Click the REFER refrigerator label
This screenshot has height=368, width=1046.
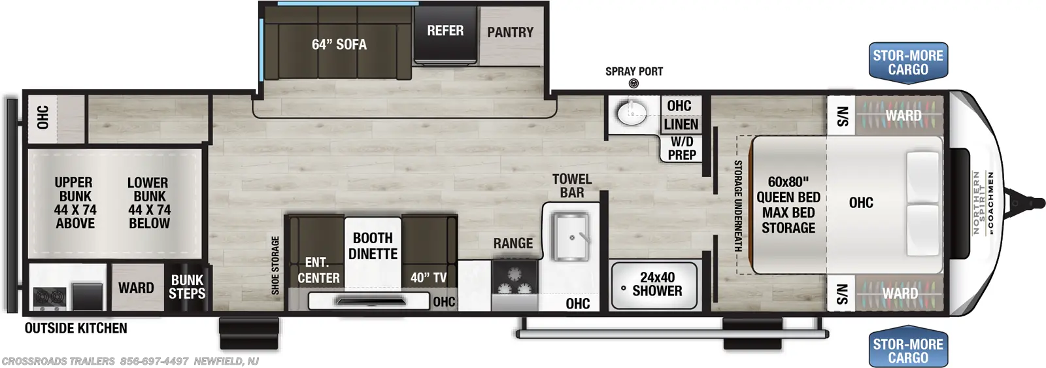coord(445,31)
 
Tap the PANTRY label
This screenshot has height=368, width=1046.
coord(510,32)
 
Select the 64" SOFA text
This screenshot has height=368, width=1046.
coord(339,44)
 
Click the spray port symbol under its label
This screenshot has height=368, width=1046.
coord(633,84)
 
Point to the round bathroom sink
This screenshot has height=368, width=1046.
coord(632,113)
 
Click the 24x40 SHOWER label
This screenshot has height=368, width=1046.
coord(657,284)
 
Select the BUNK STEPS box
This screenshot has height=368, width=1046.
coord(187,287)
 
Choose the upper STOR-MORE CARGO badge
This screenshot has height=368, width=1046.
coord(907,63)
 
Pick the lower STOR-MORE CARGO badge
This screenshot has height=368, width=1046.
coord(907,351)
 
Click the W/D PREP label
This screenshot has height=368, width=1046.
coord(681,148)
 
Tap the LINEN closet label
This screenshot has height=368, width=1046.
coord(681,124)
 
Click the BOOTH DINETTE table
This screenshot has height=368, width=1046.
coord(373,246)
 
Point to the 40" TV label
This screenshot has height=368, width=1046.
coord(429,278)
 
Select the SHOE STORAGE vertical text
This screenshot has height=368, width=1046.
coord(275,265)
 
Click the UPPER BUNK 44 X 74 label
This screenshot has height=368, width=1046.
coord(75,203)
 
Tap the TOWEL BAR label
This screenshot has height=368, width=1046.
coord(571,186)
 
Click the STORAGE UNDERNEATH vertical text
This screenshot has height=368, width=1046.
coord(738,206)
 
